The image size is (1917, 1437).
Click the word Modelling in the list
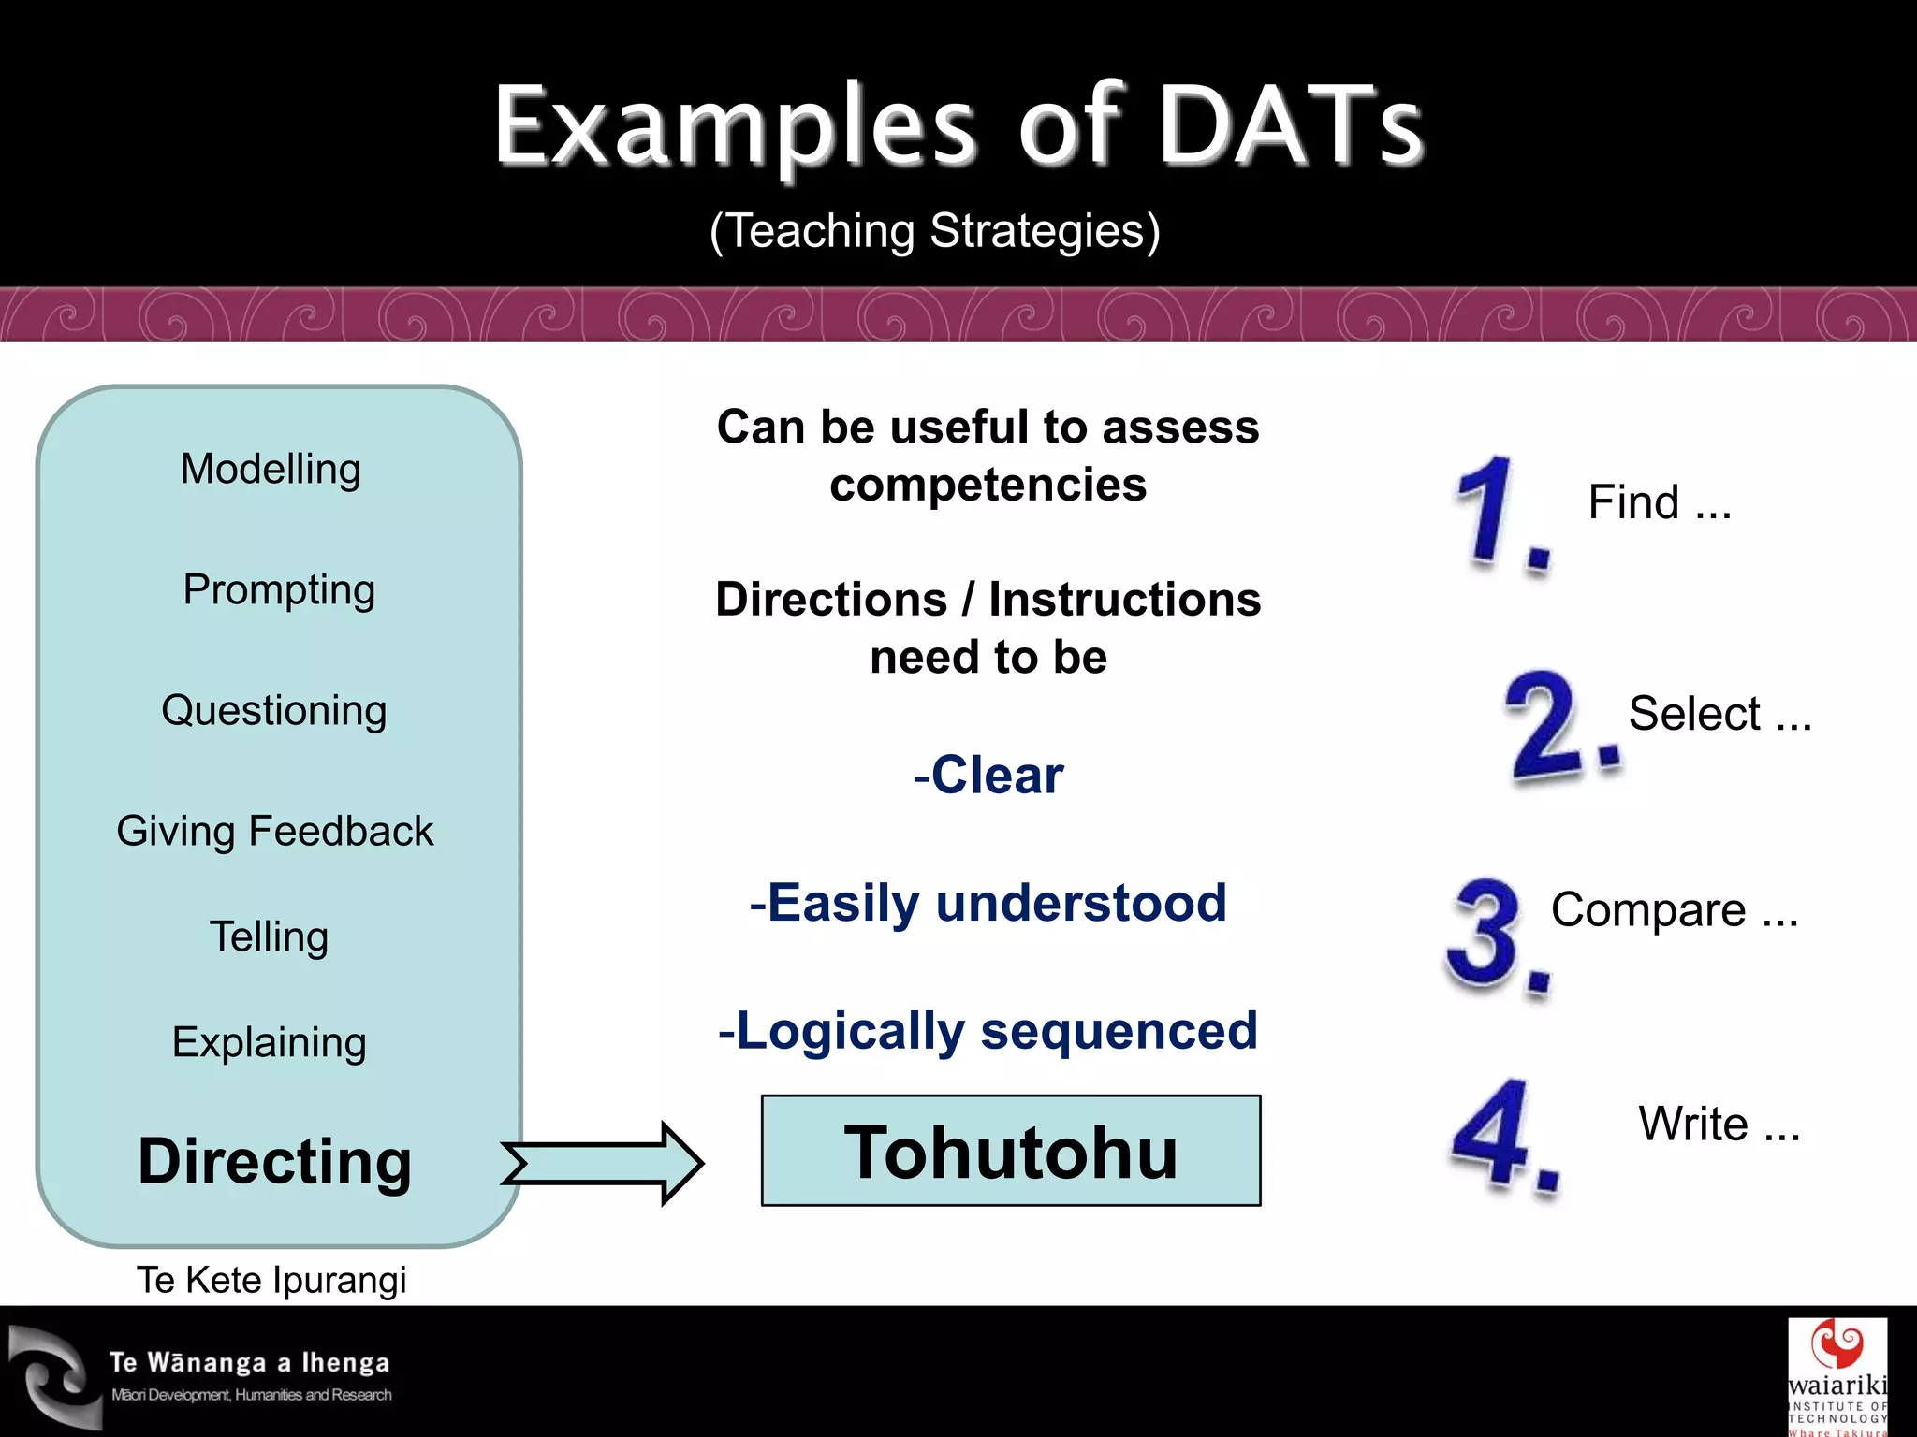pos(271,469)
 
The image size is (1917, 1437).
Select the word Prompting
pos(279,590)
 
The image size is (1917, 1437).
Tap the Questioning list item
pos(273,710)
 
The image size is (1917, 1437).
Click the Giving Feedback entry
pos(274,831)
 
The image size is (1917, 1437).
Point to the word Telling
pos(269,936)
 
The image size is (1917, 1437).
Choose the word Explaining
pos(269,1042)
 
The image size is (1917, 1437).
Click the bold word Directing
pos(274,1161)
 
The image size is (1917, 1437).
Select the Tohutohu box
pos(1011,1151)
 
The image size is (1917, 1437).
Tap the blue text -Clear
pos(988,776)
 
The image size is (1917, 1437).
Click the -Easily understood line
pos(988,903)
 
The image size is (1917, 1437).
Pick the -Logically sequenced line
pos(988,1031)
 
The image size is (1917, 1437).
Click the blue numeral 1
pos(1491,513)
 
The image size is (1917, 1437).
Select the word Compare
pos(1648,910)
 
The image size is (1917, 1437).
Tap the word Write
pos(1692,1124)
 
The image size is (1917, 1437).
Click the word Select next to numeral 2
pos(1694,714)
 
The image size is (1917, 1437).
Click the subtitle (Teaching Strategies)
pos(934,231)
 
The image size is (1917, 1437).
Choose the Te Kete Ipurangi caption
pos(271,1280)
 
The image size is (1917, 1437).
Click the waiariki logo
pos(1837,1375)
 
